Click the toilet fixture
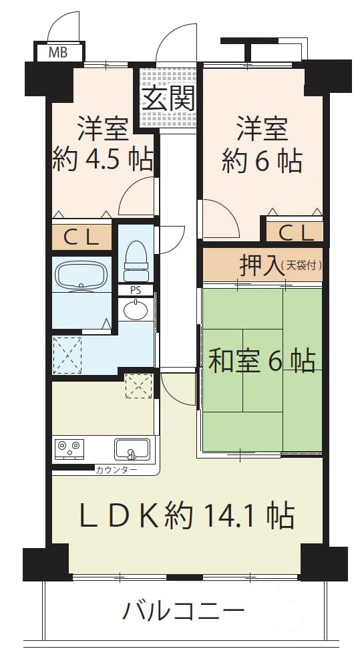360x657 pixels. tap(136, 261)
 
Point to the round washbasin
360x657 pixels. tap(136, 309)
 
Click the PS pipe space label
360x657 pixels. tap(135, 290)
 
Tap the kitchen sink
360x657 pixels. tap(132, 449)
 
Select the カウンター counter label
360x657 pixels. tap(116, 470)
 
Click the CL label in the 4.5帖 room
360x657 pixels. tap(81, 237)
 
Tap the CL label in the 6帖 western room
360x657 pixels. tap(296, 233)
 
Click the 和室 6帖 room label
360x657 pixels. tap(262, 361)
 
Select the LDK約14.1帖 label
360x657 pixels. tap(187, 515)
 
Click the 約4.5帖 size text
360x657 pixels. tap(102, 159)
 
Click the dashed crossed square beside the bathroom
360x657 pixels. tap(67, 354)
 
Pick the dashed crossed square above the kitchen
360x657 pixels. tap(139, 386)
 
